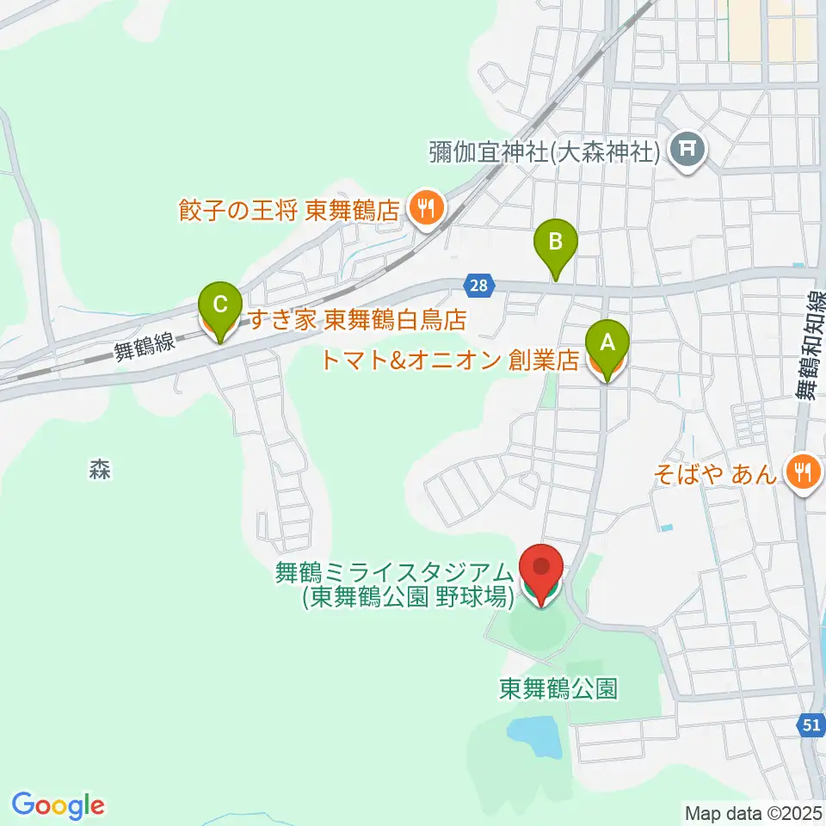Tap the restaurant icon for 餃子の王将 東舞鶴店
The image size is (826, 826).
[x=424, y=206]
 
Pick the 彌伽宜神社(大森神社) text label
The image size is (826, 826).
[x=545, y=153]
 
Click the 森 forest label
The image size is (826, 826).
[x=100, y=470]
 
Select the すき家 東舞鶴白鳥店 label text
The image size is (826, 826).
[x=357, y=321]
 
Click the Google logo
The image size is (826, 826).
[x=58, y=805]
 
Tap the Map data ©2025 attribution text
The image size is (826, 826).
[x=753, y=812]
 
